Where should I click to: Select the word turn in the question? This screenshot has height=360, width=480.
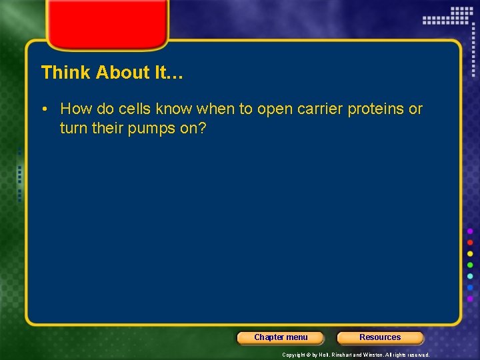[x=73, y=127]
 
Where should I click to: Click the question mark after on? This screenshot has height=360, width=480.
[x=203, y=127]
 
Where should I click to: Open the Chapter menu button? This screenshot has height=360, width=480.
[x=281, y=337]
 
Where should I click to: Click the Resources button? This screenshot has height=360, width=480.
[x=380, y=337]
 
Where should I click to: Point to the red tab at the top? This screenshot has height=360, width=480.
[x=107, y=23]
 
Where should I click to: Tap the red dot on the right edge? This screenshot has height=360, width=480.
[x=470, y=243]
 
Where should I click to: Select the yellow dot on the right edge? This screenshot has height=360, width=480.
[x=470, y=254]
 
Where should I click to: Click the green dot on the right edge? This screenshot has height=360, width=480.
[x=470, y=265]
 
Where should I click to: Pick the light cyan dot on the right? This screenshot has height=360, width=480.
[x=470, y=277]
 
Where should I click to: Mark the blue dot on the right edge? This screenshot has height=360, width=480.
[x=470, y=288]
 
